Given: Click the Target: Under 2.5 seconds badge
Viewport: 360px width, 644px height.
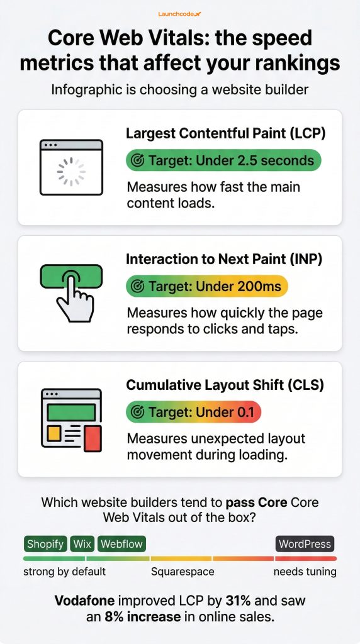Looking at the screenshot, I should [x=223, y=160].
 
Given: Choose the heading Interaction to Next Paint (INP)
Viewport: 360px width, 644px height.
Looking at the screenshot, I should [x=224, y=259].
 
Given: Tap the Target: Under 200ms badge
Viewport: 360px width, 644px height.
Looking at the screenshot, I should [x=207, y=286].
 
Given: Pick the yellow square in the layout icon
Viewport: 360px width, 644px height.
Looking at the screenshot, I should [x=53, y=433].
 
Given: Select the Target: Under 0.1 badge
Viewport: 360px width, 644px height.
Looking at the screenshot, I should [x=193, y=412].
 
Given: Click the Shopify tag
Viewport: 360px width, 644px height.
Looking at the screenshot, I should [x=45, y=544].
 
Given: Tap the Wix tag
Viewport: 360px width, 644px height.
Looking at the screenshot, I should [x=82, y=544].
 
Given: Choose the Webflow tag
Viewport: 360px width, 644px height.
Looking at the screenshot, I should [x=121, y=544].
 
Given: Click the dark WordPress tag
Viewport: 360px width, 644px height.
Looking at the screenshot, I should [x=305, y=544].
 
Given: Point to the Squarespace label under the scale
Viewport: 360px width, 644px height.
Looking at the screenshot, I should [x=183, y=572].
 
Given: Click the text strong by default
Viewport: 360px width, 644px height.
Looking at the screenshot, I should [x=65, y=572].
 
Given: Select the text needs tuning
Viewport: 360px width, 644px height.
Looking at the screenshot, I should [x=305, y=572].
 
